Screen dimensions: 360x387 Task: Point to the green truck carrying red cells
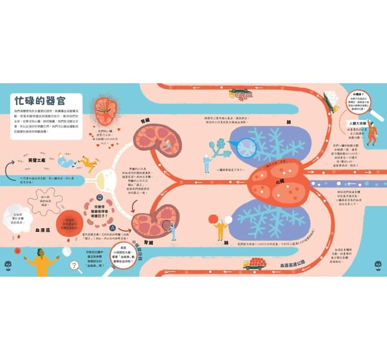point(240,93)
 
